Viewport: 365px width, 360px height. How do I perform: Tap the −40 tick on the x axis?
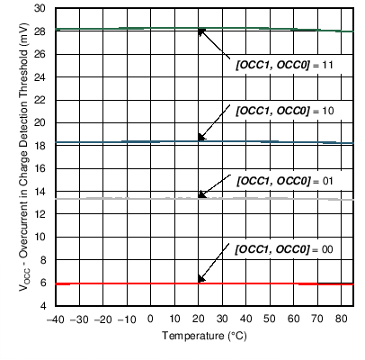[55, 319]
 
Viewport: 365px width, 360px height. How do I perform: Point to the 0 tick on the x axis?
[150, 319]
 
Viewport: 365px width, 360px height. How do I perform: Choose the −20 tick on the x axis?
[102, 319]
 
